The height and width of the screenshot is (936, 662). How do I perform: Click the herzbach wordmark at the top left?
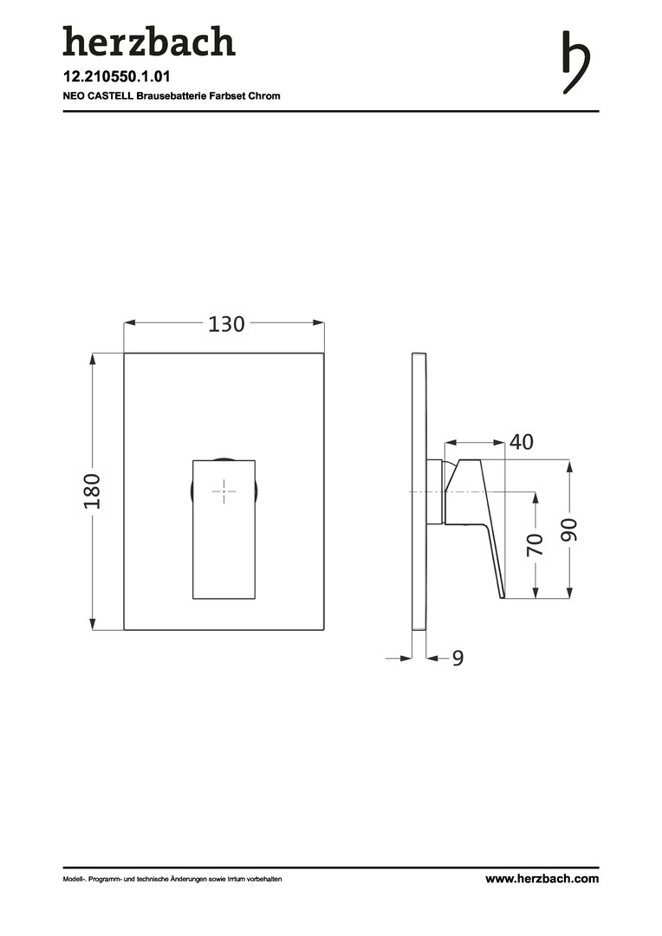click(149, 42)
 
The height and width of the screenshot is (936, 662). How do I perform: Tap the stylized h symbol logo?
click(576, 62)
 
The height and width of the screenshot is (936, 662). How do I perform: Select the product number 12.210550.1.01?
click(117, 77)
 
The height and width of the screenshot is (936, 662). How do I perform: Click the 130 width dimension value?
click(226, 323)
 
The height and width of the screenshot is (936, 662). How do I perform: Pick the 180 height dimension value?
click(92, 491)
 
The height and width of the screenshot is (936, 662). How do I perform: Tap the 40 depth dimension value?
click(521, 442)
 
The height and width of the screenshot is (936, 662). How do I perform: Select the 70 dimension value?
click(535, 545)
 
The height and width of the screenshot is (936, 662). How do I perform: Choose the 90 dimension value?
click(569, 530)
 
